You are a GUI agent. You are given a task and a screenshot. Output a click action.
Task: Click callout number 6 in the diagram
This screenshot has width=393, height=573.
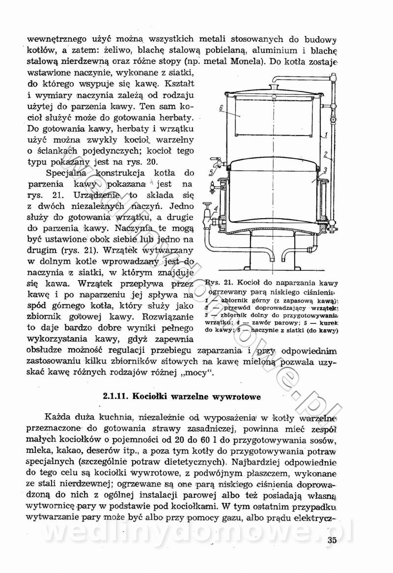222,107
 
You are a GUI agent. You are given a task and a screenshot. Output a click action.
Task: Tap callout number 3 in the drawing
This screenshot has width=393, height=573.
325,170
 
